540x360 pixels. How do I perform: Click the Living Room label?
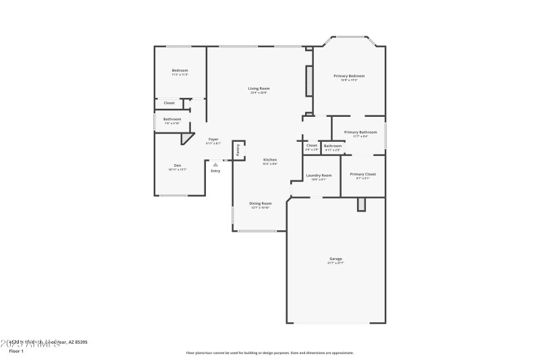[x=259, y=88]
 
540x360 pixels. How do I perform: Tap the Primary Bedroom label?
[x=349, y=76]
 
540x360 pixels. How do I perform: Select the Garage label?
[x=335, y=259]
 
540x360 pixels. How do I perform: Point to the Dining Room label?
[x=260, y=203]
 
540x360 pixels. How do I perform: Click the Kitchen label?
[x=270, y=160]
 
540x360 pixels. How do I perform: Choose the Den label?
[x=178, y=165]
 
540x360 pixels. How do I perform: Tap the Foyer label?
[x=213, y=139]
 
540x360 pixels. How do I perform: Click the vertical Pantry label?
[x=238, y=149]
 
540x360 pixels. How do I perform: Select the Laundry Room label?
[x=319, y=175]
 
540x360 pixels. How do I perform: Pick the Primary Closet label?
[x=362, y=174]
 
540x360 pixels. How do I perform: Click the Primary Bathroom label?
[x=360, y=132]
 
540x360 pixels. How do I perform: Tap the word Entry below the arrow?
[x=215, y=171]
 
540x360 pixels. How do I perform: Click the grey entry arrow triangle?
[x=215, y=164]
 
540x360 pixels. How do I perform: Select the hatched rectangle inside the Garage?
[x=361, y=203]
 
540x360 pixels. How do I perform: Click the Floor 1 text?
[x=16, y=351]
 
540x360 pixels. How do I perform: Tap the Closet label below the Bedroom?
[x=169, y=103]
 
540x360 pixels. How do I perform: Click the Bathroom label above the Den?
[x=171, y=120]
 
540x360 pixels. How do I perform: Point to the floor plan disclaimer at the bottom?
[x=269, y=353]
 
